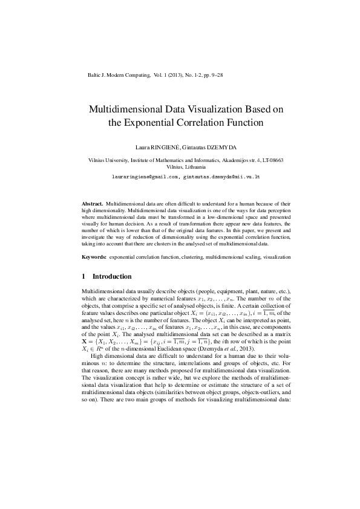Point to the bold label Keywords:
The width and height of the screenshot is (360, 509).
click(x=95, y=257)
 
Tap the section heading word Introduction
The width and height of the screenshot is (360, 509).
click(x=111, y=276)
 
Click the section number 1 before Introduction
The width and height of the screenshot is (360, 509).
click(x=83, y=276)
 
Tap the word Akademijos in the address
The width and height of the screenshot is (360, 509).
click(x=232, y=160)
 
